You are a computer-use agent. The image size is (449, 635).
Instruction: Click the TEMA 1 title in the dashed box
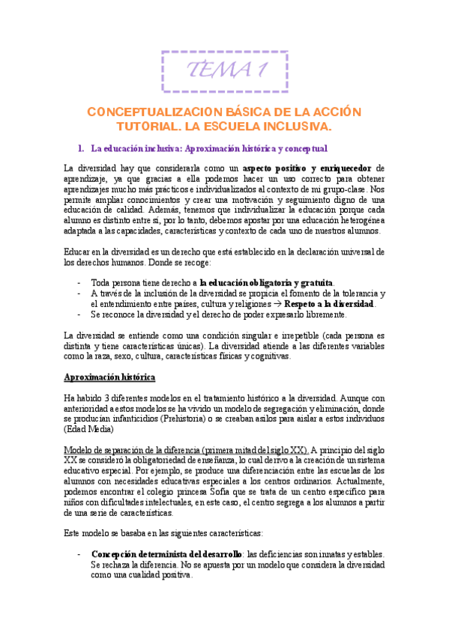226,70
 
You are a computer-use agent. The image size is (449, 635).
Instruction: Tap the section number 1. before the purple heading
82,148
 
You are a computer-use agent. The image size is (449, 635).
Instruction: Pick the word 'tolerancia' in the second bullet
353,294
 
